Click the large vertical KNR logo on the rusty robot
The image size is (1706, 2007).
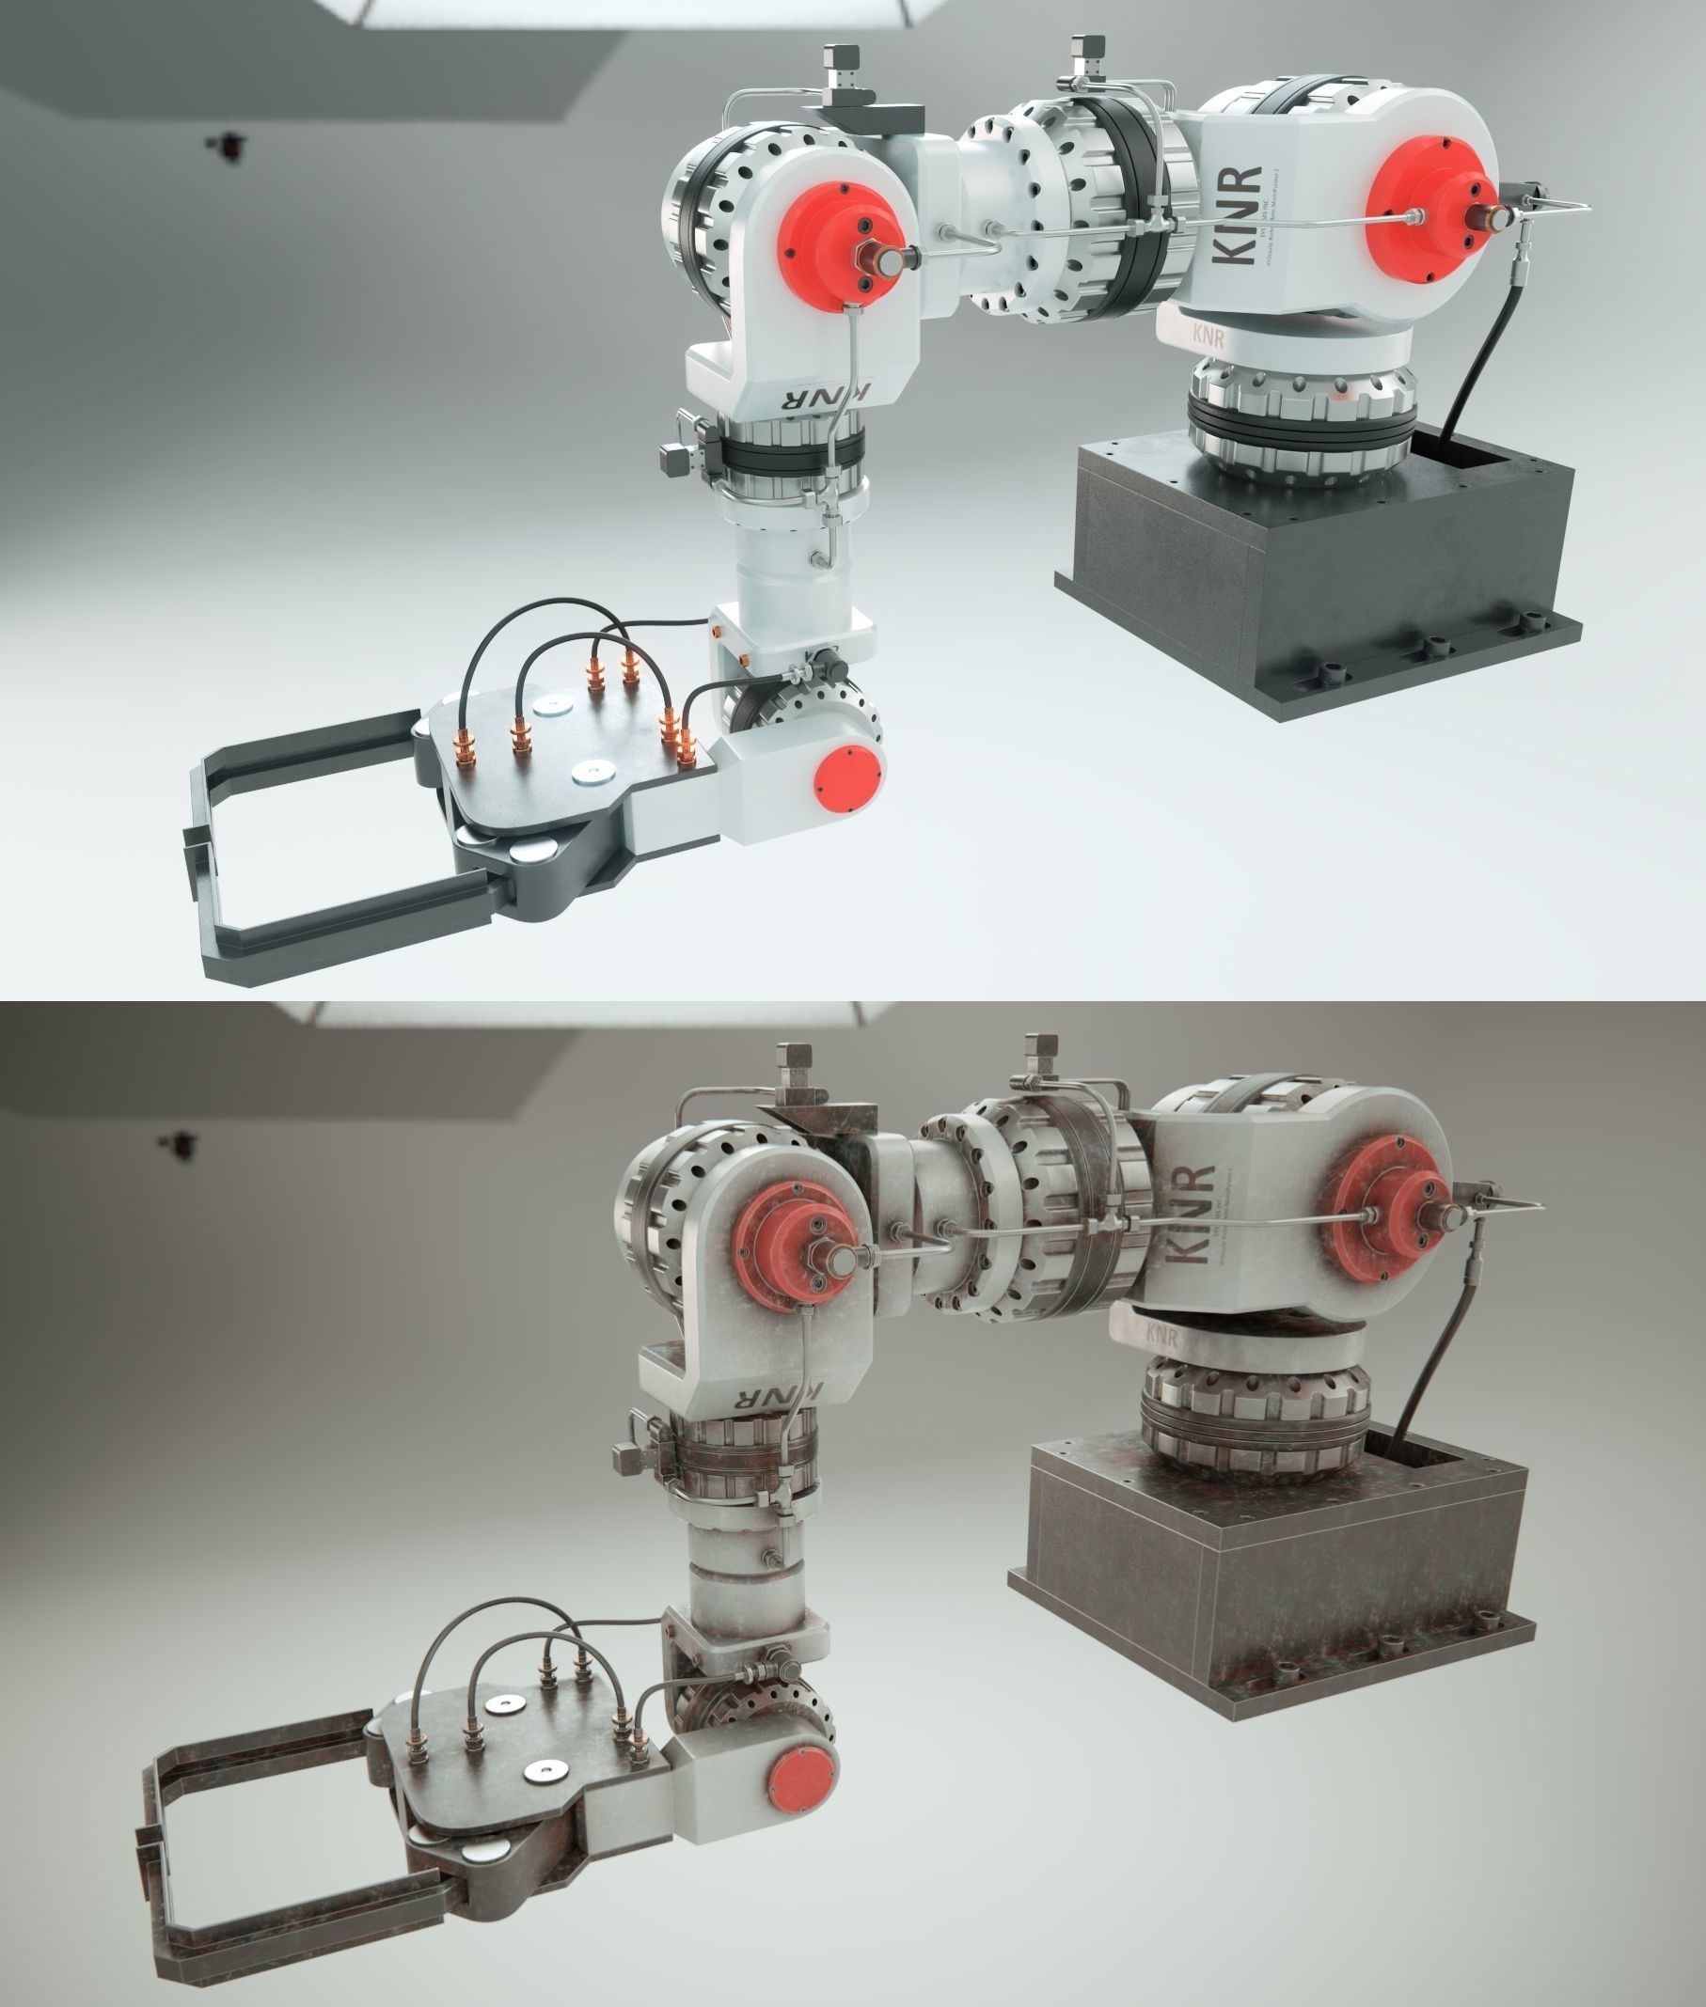(1191, 1214)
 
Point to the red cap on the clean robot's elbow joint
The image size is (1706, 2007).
(839, 247)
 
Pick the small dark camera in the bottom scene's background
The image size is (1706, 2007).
(180, 1144)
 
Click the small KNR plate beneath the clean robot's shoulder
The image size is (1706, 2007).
(1208, 336)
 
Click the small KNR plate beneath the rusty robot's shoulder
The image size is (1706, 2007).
(1161, 1335)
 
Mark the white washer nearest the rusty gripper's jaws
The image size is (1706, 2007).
(545, 1772)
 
